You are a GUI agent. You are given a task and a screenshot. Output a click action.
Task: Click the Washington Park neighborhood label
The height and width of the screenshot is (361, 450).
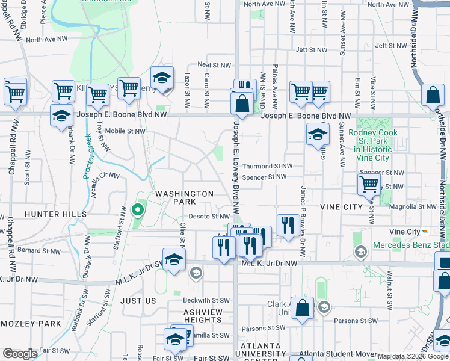[185, 198]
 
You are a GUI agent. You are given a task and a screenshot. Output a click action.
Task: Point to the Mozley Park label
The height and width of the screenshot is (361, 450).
[31, 324]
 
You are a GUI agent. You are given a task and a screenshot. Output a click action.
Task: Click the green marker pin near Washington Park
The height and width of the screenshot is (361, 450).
[137, 211]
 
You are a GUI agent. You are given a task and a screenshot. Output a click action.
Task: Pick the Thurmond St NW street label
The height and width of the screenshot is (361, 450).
[267, 166]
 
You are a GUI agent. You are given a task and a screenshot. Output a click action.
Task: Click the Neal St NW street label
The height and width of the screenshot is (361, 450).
[214, 65]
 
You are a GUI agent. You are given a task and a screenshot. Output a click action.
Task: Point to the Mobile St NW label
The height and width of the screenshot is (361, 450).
[125, 131]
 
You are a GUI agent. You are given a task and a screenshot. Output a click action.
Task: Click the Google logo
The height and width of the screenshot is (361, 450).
[20, 354]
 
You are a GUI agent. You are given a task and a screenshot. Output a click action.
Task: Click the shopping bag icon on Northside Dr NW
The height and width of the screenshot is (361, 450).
[433, 95]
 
